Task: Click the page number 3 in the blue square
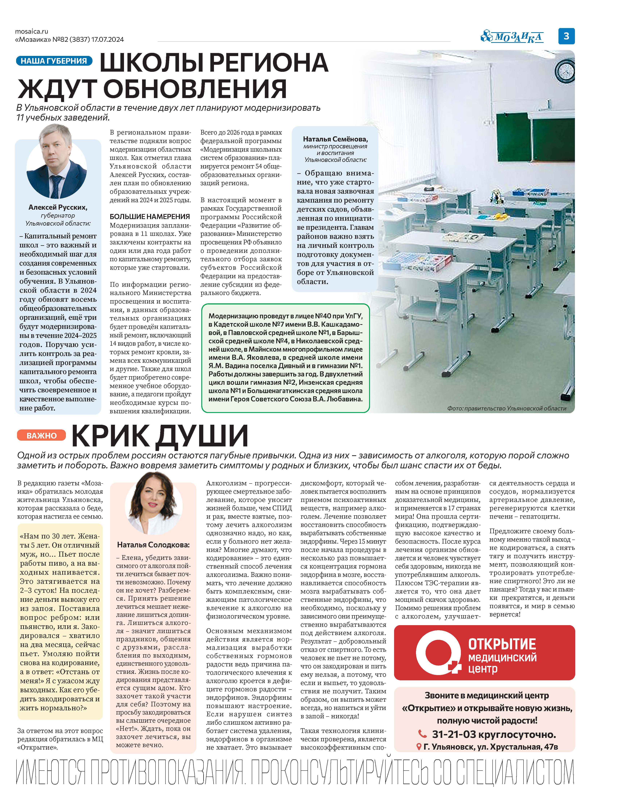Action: [566, 36]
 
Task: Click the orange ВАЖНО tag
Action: [42, 436]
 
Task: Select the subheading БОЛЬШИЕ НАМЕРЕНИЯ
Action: [150, 217]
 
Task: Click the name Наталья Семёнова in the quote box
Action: [335, 139]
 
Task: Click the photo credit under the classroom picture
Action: [506, 408]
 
